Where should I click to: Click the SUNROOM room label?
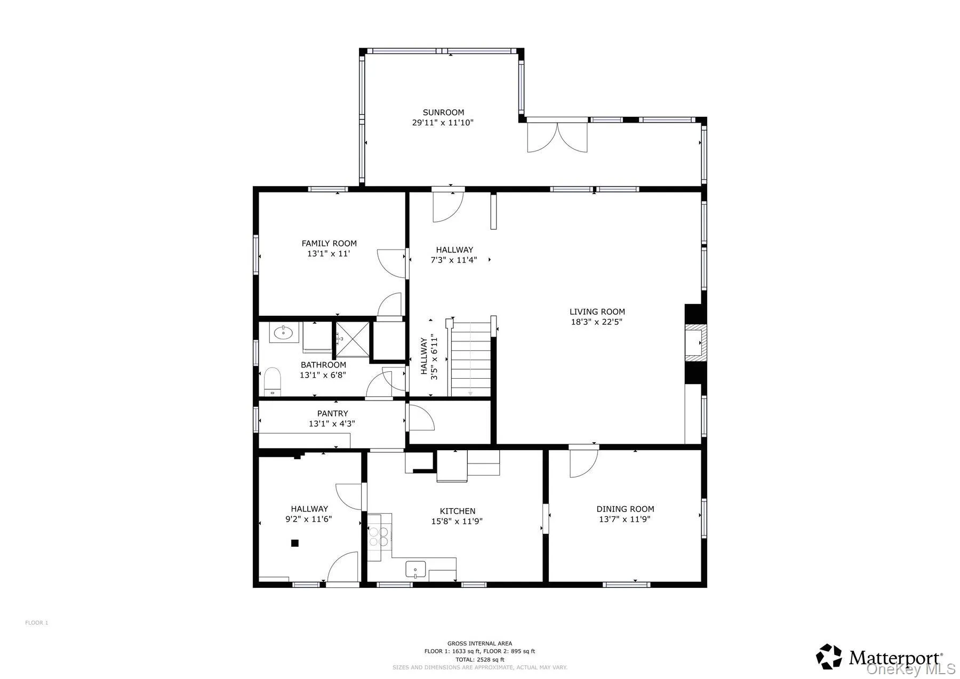[443, 113]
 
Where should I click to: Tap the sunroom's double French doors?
[557, 138]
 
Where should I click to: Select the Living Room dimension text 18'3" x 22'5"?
[597, 322]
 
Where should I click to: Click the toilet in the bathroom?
[273, 381]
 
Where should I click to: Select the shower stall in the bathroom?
[352, 339]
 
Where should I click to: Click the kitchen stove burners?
[379, 536]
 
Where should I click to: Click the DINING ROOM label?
[625, 509]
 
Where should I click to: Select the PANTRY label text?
[332, 413]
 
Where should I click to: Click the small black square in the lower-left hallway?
[294, 543]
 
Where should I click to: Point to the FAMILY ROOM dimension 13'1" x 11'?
[329, 254]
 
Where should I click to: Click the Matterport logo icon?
[829, 657]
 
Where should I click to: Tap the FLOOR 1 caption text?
[37, 622]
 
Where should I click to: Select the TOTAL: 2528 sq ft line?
[479, 660]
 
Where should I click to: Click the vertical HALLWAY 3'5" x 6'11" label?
[429, 356]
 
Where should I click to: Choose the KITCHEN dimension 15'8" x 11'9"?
[457, 522]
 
